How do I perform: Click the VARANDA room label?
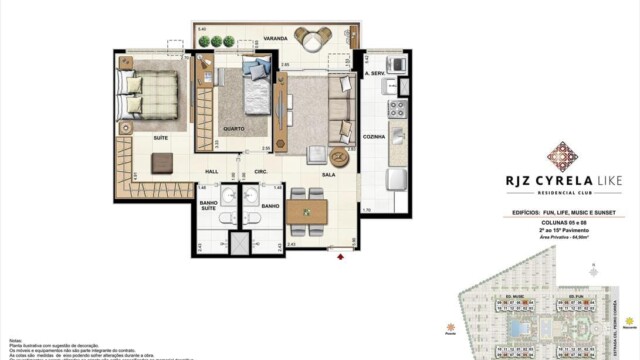click(x=276, y=39)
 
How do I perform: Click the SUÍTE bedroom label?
click(x=159, y=138)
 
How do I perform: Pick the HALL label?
click(x=212, y=171)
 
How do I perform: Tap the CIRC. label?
click(x=260, y=171)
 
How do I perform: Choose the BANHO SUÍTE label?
click(x=209, y=204)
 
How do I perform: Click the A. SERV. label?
click(x=376, y=73)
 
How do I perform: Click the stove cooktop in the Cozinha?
click(x=397, y=107)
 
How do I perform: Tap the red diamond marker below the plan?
click(x=341, y=258)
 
